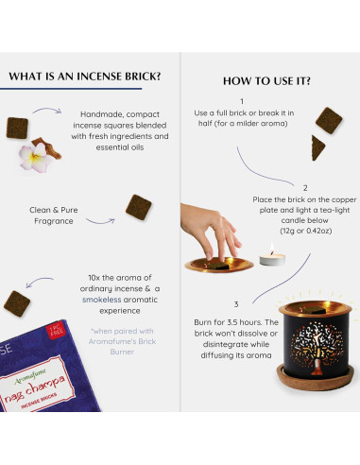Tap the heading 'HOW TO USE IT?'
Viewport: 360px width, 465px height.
(x=267, y=80)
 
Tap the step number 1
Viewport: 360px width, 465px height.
(x=241, y=100)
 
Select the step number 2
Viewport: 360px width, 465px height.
(x=304, y=188)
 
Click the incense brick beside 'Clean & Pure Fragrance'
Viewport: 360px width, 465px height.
(x=139, y=205)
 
